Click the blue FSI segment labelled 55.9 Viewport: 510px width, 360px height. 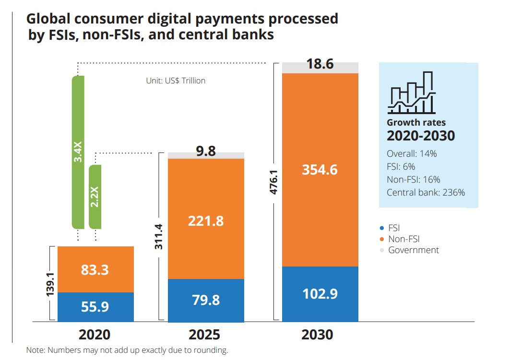click(95, 307)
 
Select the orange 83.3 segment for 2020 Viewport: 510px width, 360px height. click(95, 269)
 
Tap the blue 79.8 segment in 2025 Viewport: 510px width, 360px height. click(205, 300)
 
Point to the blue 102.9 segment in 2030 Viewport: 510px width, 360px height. click(320, 293)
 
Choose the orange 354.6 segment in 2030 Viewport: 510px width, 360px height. click(320, 170)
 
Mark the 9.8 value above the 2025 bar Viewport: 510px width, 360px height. click(205, 152)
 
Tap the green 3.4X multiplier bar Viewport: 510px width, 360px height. click(78, 152)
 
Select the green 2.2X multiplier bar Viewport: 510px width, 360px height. click(95, 197)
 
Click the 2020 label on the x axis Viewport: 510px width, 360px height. click(95, 334)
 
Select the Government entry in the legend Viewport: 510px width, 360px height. click(413, 250)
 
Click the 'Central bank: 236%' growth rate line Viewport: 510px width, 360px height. click(426, 193)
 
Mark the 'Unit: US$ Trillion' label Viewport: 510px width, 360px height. click(176, 81)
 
